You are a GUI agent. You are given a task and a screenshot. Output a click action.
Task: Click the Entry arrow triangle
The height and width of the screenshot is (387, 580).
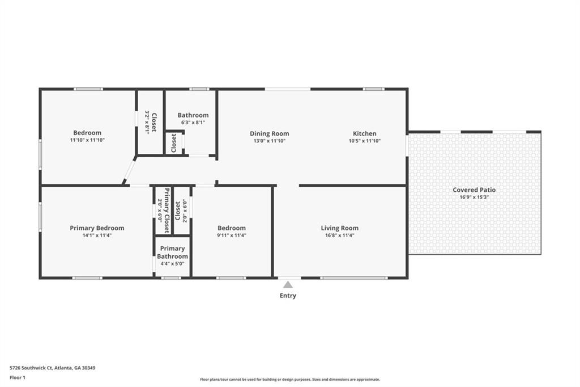click(288, 285)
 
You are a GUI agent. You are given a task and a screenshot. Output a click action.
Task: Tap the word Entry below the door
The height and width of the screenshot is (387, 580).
click(288, 296)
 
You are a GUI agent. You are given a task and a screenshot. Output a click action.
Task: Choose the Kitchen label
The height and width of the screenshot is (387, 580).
click(365, 133)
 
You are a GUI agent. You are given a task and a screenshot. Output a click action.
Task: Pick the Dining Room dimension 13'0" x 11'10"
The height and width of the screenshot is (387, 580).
click(270, 141)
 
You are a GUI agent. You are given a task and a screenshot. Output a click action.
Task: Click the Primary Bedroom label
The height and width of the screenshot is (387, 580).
click(97, 228)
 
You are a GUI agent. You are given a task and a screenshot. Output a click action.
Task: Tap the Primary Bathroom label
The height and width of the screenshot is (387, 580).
click(172, 253)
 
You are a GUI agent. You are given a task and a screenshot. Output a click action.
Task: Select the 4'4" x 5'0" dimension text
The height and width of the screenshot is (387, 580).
click(172, 264)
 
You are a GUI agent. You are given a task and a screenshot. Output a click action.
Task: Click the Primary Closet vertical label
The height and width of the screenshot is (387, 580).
click(167, 211)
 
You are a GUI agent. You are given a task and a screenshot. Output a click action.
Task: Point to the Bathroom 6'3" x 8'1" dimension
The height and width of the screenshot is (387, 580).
click(193, 122)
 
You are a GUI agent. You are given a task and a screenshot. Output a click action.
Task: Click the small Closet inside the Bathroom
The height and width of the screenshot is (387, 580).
click(174, 143)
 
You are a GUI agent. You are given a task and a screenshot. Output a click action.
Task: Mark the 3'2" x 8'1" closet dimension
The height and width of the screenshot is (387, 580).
click(147, 121)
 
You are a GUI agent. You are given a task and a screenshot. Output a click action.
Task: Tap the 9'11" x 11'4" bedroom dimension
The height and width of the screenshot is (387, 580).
click(232, 235)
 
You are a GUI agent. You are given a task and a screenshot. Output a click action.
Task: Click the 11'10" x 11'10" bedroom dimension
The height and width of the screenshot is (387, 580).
click(87, 140)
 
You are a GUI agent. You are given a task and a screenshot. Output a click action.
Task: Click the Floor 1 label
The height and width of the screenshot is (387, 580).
click(18, 377)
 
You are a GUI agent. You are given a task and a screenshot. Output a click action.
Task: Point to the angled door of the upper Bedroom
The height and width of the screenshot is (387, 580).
click(130, 171)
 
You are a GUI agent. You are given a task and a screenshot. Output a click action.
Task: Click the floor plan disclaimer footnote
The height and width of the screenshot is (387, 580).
click(289, 380)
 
